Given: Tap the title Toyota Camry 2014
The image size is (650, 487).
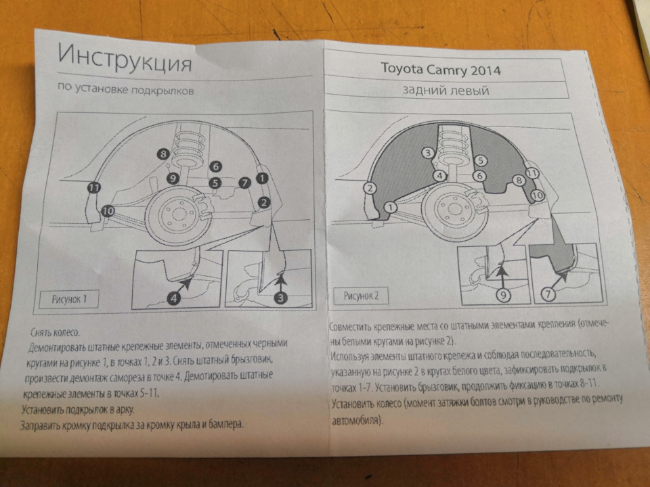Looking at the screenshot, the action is (441, 69).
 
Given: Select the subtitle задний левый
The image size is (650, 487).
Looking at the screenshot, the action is (446, 90).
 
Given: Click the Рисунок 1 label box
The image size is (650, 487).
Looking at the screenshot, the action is (69, 299).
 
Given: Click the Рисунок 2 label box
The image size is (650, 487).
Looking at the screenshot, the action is (361, 296).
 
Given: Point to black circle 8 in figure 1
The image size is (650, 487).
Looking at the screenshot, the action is (163, 154).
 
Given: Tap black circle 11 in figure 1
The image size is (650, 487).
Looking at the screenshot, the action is (94, 187).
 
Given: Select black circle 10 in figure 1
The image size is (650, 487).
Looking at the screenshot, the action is (108, 211).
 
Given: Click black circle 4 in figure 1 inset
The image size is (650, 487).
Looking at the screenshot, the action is (174, 298).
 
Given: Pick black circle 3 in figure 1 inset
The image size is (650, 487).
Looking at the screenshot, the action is (280, 298).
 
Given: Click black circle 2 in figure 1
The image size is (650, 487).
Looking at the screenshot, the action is (263, 202).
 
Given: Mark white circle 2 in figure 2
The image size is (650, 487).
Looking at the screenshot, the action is (370, 189).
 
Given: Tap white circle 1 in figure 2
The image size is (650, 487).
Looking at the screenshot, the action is (390, 207).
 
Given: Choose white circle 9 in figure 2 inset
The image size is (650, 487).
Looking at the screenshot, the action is (503, 294).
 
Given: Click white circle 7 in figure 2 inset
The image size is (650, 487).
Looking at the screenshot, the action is (548, 294).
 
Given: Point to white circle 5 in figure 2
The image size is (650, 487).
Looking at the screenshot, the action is (481, 160).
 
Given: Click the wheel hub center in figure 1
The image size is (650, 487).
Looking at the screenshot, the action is (179, 214).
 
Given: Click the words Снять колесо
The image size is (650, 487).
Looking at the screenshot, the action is (55, 333).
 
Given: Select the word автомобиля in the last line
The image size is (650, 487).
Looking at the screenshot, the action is (356, 420).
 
